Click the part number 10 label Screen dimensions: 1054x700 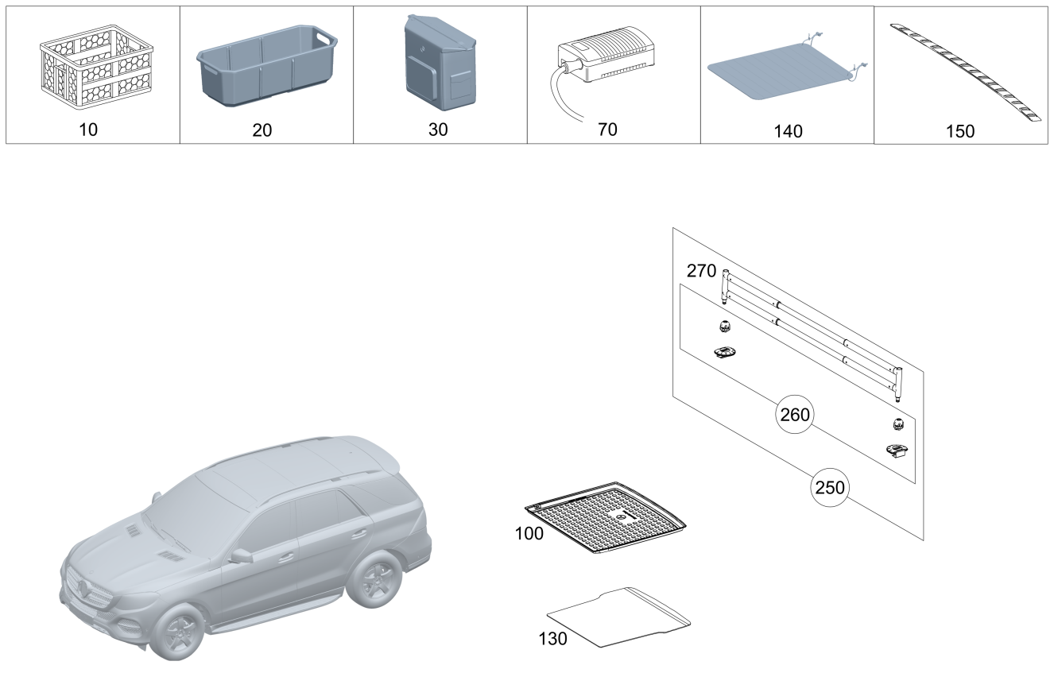tap(88, 130)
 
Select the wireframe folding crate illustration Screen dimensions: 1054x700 tap(97, 67)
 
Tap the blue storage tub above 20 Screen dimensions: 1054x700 tap(267, 66)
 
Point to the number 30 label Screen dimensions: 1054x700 tap(438, 130)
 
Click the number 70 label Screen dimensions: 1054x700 tap(607, 130)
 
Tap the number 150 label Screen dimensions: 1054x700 tap(960, 131)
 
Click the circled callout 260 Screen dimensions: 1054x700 tap(795, 415)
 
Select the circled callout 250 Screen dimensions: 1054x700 tap(830, 487)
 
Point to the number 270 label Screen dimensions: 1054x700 tap(701, 271)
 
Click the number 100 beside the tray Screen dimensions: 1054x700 tap(529, 533)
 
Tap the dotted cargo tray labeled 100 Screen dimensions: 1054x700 tap(606, 517)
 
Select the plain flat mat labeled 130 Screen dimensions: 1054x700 tap(618, 617)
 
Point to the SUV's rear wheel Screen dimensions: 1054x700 tap(375, 580)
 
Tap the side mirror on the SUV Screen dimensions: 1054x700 tap(241, 556)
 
